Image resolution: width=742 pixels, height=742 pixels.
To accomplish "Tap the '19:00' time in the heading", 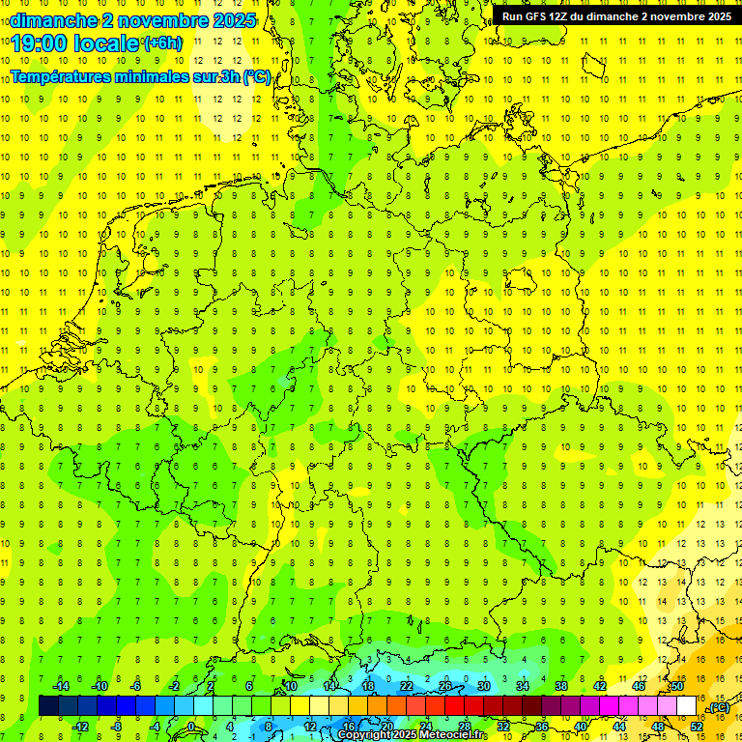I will (x=38, y=43).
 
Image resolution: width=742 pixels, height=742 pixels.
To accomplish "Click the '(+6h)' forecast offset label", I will (x=161, y=43).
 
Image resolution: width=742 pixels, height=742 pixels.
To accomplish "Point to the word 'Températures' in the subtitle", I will (x=56, y=77).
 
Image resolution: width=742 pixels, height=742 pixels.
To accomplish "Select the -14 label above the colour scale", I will (x=60, y=686).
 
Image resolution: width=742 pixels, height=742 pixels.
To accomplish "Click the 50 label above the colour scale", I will (x=677, y=686).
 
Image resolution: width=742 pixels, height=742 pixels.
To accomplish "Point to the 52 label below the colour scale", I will (x=697, y=727).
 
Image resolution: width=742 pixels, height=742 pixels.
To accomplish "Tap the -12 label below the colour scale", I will (x=80, y=727).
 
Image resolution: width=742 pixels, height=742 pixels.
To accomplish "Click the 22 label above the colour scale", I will (x=407, y=686).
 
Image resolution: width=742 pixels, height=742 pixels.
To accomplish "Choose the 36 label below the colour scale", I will (x=542, y=727).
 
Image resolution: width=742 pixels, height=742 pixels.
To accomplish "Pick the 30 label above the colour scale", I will (x=484, y=686).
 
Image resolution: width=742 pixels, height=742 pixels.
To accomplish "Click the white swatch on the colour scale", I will (x=687, y=706).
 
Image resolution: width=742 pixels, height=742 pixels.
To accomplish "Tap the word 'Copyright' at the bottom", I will (x=364, y=735).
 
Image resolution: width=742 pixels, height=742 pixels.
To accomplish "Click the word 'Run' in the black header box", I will (x=512, y=16).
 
